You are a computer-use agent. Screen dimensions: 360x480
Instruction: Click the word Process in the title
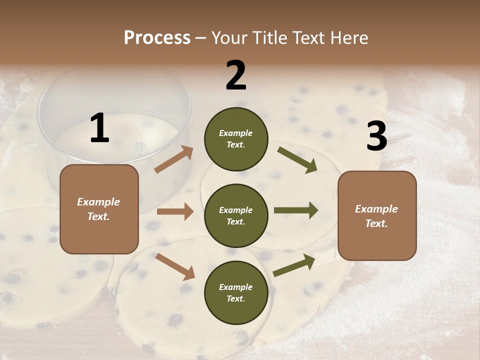157,38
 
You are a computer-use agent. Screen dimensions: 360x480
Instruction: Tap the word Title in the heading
267,38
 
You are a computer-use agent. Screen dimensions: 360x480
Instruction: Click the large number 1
99,128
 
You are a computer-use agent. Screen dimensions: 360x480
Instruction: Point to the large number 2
236,75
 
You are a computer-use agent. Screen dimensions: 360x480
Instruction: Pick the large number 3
376,136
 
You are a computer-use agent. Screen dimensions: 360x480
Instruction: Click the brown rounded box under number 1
99,209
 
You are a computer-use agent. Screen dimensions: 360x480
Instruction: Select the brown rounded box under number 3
377,215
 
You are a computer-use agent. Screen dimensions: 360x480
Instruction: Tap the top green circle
236,139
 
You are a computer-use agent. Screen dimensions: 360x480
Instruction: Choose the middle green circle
236,215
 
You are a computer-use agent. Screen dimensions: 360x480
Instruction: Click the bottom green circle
236,292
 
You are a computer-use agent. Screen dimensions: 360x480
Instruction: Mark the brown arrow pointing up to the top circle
174,160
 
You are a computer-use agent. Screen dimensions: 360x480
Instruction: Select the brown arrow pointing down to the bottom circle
175,266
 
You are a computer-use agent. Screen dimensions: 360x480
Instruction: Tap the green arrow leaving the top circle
297,159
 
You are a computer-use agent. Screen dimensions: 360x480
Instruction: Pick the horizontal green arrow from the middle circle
296,210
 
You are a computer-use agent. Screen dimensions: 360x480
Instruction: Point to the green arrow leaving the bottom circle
294,265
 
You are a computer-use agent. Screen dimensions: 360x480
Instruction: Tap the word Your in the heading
228,38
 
